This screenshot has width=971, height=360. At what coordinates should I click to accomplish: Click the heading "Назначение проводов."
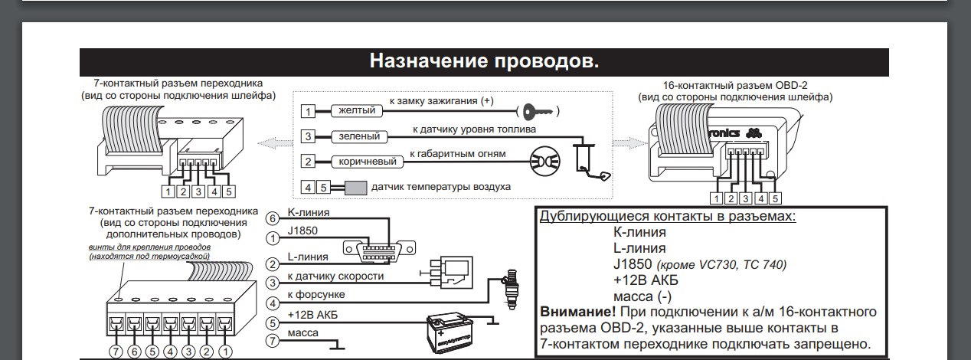click(x=484, y=61)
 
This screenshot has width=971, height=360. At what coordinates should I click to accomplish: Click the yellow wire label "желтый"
click(x=357, y=111)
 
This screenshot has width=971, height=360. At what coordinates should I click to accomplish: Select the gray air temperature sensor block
click(x=355, y=187)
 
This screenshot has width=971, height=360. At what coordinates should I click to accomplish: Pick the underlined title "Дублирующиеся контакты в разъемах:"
click(x=668, y=215)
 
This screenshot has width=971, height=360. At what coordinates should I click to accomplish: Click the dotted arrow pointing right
click(x=626, y=142)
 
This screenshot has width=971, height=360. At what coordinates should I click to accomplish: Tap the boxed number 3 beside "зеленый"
click(x=308, y=137)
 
